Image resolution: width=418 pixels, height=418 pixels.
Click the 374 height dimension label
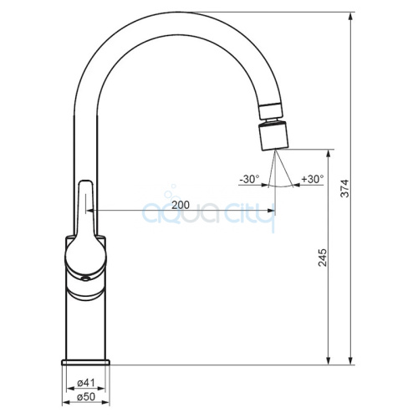[344, 189]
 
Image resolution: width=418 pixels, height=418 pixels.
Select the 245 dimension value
[323, 257]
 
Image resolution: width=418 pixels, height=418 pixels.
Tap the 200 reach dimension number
[181, 205]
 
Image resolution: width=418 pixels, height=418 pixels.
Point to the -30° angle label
[249, 179]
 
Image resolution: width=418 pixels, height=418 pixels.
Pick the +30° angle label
[313, 179]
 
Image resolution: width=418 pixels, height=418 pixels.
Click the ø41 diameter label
[86, 383]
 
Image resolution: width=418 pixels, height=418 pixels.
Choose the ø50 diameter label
[86, 396]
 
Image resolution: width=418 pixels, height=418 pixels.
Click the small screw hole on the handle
[85, 278]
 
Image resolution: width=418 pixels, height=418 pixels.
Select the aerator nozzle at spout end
[273, 136]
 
